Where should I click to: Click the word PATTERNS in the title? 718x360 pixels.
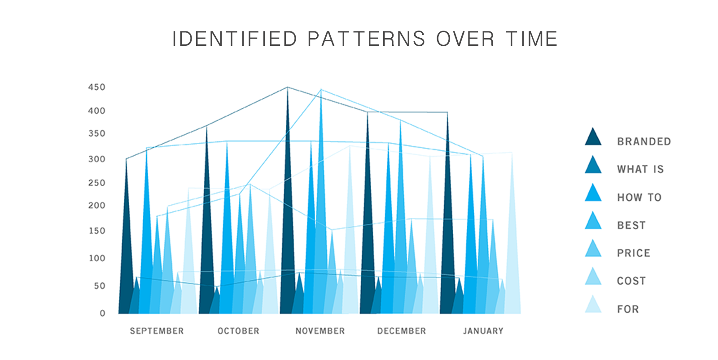click(366, 39)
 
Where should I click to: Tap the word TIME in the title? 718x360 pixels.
click(532, 39)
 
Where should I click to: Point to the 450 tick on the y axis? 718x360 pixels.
click(97, 87)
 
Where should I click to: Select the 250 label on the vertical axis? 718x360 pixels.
click(97, 183)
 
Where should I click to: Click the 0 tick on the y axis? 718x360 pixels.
click(103, 313)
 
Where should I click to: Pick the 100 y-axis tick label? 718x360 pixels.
click(97, 259)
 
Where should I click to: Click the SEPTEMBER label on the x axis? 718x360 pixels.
click(157, 331)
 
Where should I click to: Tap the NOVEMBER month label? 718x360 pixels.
click(320, 331)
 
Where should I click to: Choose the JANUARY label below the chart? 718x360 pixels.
click(483, 331)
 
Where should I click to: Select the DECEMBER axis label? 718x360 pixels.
click(402, 331)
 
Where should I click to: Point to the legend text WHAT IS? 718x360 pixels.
click(640, 169)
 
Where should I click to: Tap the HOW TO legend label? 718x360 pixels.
click(639, 198)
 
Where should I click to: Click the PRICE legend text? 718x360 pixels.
click(634, 253)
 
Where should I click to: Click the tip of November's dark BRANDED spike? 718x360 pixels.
click(287, 87)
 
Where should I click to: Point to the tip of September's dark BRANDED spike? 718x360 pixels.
click(126, 159)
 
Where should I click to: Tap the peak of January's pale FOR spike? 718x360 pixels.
click(512, 153)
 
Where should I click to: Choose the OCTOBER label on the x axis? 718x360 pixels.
click(238, 331)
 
